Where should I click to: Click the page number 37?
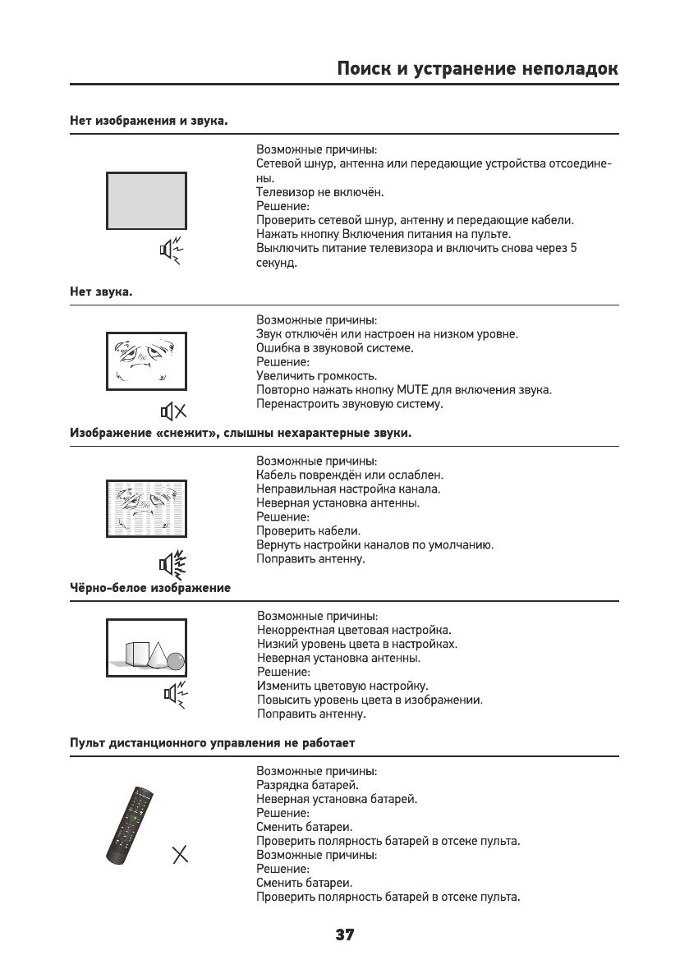[344, 934]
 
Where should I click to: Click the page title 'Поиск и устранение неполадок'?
[478, 69]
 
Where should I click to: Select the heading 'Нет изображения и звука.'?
[149, 121]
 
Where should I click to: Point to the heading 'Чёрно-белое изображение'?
[150, 588]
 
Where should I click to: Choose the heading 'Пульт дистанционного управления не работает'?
[212, 743]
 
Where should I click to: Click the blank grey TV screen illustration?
[145, 201]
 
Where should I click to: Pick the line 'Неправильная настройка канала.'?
[349, 489]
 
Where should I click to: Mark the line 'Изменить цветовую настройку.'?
[343, 686]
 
